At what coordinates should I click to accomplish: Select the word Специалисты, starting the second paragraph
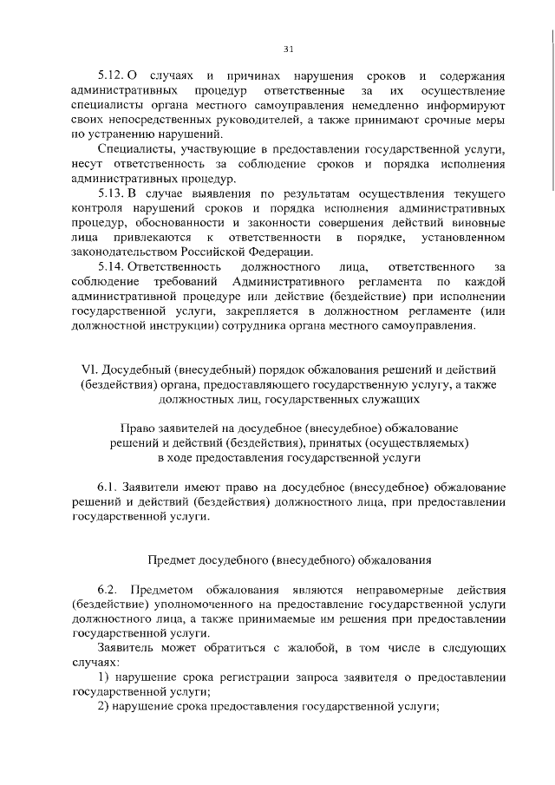131,150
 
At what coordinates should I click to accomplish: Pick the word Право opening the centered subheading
139,428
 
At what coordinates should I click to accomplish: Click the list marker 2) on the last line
102,707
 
